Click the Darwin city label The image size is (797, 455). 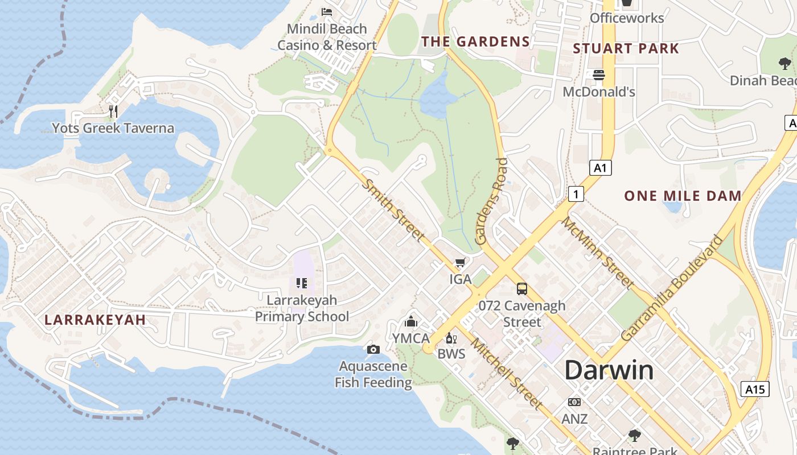(609, 370)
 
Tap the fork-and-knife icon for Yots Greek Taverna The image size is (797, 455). (113, 111)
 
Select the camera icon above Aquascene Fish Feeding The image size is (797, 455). (373, 349)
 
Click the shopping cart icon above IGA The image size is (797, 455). (460, 263)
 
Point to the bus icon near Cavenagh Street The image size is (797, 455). (522, 289)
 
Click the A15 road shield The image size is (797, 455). (755, 389)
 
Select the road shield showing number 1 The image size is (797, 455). (576, 195)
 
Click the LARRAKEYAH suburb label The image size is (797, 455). (95, 320)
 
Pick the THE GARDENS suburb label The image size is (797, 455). (475, 42)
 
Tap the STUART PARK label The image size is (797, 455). (626, 48)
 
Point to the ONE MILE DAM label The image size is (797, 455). (683, 196)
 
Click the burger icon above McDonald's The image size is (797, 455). (598, 75)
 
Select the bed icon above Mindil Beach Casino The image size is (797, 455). (327, 11)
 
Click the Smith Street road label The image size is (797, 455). (394, 210)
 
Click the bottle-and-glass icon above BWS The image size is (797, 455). (451, 338)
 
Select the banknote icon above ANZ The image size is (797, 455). (574, 402)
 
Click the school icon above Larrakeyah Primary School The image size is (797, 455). (302, 283)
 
